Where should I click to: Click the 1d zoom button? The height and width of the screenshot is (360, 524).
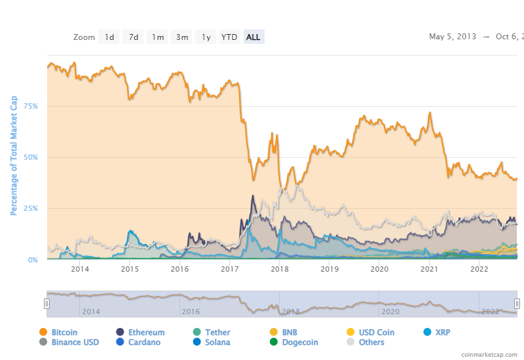pyautogui.click(x=109, y=37)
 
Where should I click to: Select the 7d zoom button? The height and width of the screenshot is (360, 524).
pyautogui.click(x=134, y=37)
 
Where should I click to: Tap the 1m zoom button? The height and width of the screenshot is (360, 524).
pyautogui.click(x=158, y=37)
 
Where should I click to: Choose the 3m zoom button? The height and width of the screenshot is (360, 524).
pyautogui.click(x=182, y=37)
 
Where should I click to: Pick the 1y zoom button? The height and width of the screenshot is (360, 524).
pyautogui.click(x=206, y=37)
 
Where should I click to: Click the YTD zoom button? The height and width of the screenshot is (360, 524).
pyautogui.click(x=229, y=37)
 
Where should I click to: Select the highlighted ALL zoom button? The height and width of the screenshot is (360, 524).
pyautogui.click(x=253, y=37)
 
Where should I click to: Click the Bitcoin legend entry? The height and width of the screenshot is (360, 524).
pyautogui.click(x=64, y=333)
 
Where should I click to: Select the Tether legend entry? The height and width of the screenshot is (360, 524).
pyautogui.click(x=216, y=333)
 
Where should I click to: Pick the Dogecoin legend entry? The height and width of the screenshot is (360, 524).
pyautogui.click(x=299, y=342)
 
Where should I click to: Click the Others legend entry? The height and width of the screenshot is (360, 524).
pyautogui.click(x=371, y=342)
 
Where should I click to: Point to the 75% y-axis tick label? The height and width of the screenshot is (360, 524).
pyautogui.click(x=30, y=106)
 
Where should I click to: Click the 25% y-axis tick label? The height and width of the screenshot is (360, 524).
pyautogui.click(x=30, y=209)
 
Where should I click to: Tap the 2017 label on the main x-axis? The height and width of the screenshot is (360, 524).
pyautogui.click(x=229, y=269)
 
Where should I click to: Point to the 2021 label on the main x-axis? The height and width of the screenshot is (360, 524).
pyautogui.click(x=429, y=269)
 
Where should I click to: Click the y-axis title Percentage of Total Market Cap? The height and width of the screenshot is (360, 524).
pyautogui.click(x=14, y=156)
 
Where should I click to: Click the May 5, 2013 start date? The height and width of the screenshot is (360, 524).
pyautogui.click(x=453, y=37)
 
